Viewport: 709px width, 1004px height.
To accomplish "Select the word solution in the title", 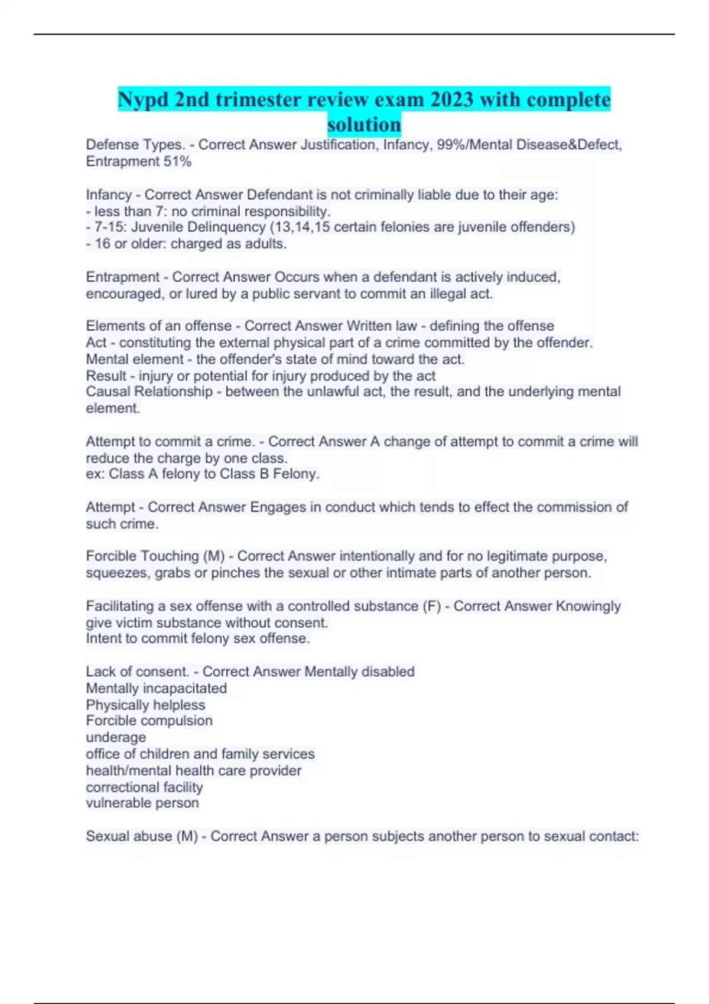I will [x=364, y=125].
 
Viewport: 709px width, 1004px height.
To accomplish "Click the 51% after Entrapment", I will [x=177, y=161].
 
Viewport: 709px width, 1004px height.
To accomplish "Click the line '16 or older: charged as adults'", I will [x=189, y=244].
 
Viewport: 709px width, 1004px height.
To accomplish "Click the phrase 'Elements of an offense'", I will [x=158, y=326].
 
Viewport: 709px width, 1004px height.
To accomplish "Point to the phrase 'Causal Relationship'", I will [x=149, y=392].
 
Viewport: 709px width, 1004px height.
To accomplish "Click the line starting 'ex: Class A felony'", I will [x=203, y=474].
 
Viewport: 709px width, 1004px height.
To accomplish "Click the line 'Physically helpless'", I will [x=145, y=705].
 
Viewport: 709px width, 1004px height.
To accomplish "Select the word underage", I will [x=116, y=738].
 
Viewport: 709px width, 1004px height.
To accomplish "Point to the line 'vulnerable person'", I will [x=142, y=803].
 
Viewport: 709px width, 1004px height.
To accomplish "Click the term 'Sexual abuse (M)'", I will [x=142, y=836].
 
